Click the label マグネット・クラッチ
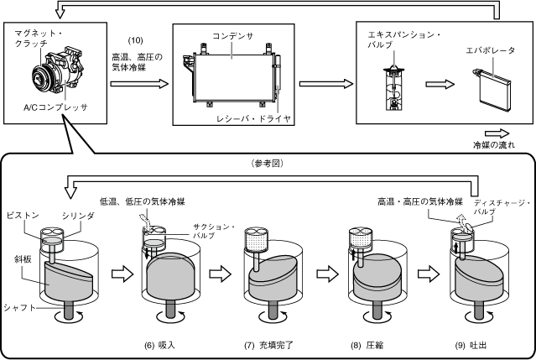point(39,39)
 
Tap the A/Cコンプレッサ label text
point(55,107)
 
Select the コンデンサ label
point(233,36)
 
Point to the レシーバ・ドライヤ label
point(253,118)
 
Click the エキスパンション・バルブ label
point(404,39)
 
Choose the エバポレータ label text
point(490,50)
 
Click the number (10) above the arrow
point(135,40)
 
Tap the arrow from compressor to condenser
point(139,84)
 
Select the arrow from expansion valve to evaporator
point(440,84)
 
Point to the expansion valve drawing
point(394,89)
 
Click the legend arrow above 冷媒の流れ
point(497,133)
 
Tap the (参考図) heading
point(268,164)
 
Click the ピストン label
point(23,215)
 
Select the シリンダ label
point(78,216)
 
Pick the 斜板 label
point(23,259)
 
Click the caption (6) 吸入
point(159,345)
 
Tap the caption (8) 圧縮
point(367,345)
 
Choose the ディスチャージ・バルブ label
point(502,207)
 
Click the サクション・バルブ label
point(214,231)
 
